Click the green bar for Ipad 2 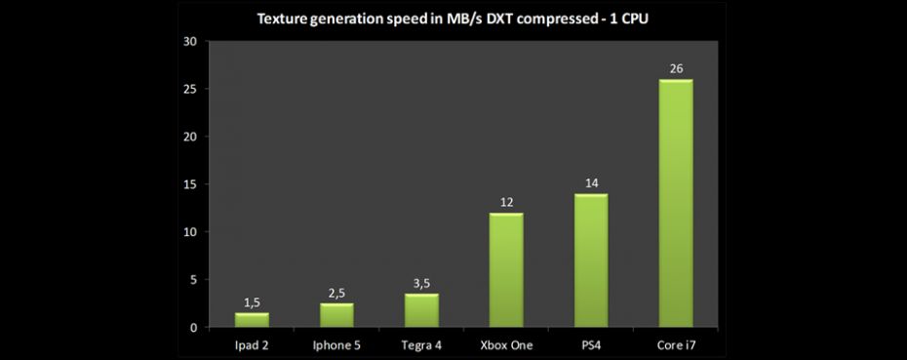coord(252,320)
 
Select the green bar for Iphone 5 coord(336,315)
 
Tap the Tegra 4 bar coord(421,310)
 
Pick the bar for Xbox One coord(506,270)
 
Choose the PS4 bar coord(591,260)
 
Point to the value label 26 coord(676,68)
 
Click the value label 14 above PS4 coord(591,183)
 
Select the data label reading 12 coord(506,202)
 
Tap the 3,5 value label coord(421,283)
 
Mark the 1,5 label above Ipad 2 coord(252,302)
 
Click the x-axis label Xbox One coord(506,344)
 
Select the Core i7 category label coord(676,344)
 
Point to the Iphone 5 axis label coord(336,344)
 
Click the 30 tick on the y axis coord(189,41)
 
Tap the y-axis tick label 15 coord(189,184)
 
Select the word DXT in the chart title coord(502,18)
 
